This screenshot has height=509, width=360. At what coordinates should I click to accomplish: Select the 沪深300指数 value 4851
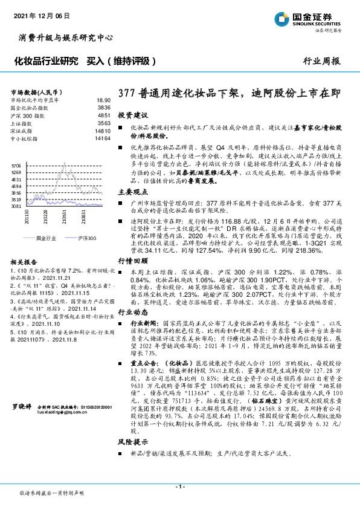point(103,114)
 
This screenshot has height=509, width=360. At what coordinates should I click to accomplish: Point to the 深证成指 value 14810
point(102,130)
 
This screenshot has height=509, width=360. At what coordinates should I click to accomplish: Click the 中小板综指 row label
point(24,138)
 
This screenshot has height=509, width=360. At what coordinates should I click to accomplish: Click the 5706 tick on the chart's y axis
point(16,164)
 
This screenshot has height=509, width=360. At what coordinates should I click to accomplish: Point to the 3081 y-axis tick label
point(16,206)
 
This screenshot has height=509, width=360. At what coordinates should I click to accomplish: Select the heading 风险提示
point(132,442)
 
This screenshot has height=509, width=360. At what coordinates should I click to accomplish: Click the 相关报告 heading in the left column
point(25,262)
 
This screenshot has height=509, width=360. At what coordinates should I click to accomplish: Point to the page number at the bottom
point(179,487)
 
